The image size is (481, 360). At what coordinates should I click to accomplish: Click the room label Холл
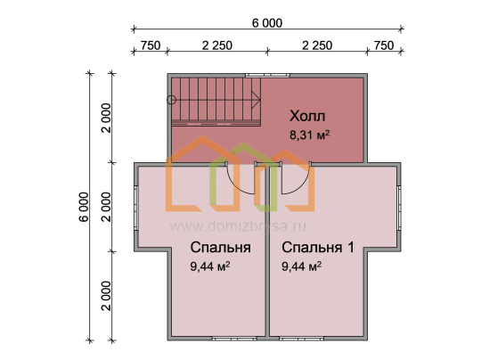(x=307, y=117)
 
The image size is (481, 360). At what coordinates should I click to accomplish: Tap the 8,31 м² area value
(x=309, y=135)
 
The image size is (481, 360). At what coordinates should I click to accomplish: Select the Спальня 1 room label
(x=318, y=248)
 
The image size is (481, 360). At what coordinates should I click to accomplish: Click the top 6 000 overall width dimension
(x=267, y=23)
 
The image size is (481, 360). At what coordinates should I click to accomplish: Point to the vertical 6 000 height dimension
(x=84, y=207)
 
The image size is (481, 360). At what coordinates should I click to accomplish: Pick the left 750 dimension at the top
(x=151, y=45)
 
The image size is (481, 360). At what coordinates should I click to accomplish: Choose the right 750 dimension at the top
(x=384, y=45)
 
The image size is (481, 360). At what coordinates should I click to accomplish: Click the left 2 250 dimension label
(x=217, y=45)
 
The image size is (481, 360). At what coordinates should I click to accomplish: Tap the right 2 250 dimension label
(x=317, y=45)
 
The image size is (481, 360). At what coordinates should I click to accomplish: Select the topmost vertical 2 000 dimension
(x=106, y=118)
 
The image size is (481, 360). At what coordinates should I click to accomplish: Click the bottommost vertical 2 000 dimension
(x=106, y=296)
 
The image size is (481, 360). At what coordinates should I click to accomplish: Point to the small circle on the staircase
(x=172, y=100)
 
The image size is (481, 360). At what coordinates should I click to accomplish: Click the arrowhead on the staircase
(x=256, y=100)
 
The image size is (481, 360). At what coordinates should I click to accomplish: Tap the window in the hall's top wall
(x=267, y=75)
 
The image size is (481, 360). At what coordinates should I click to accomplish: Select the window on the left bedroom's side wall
(x=136, y=209)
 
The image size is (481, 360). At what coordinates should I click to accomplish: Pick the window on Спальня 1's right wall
(x=399, y=209)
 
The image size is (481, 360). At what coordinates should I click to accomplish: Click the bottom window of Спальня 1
(x=302, y=339)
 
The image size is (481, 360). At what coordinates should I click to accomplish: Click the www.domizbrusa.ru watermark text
(x=238, y=226)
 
